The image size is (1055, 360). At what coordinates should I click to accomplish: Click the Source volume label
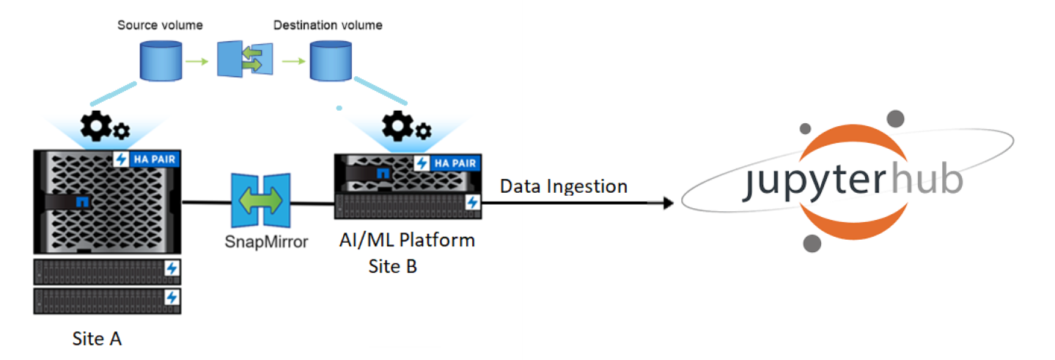point(160,26)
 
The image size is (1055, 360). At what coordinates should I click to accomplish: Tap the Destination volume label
point(328,26)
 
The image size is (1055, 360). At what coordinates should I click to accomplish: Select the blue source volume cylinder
point(160,61)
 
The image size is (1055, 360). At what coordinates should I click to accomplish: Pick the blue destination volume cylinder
point(329,61)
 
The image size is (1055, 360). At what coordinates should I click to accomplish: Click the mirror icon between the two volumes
point(245,59)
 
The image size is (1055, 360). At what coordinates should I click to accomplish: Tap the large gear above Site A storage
point(96,127)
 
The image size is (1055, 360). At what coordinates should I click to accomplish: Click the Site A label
point(97,339)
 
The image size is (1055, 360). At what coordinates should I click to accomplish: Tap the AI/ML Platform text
point(407,240)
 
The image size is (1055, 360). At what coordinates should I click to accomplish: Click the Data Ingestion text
point(563,186)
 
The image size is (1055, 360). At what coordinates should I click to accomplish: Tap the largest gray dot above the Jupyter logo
point(894,120)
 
